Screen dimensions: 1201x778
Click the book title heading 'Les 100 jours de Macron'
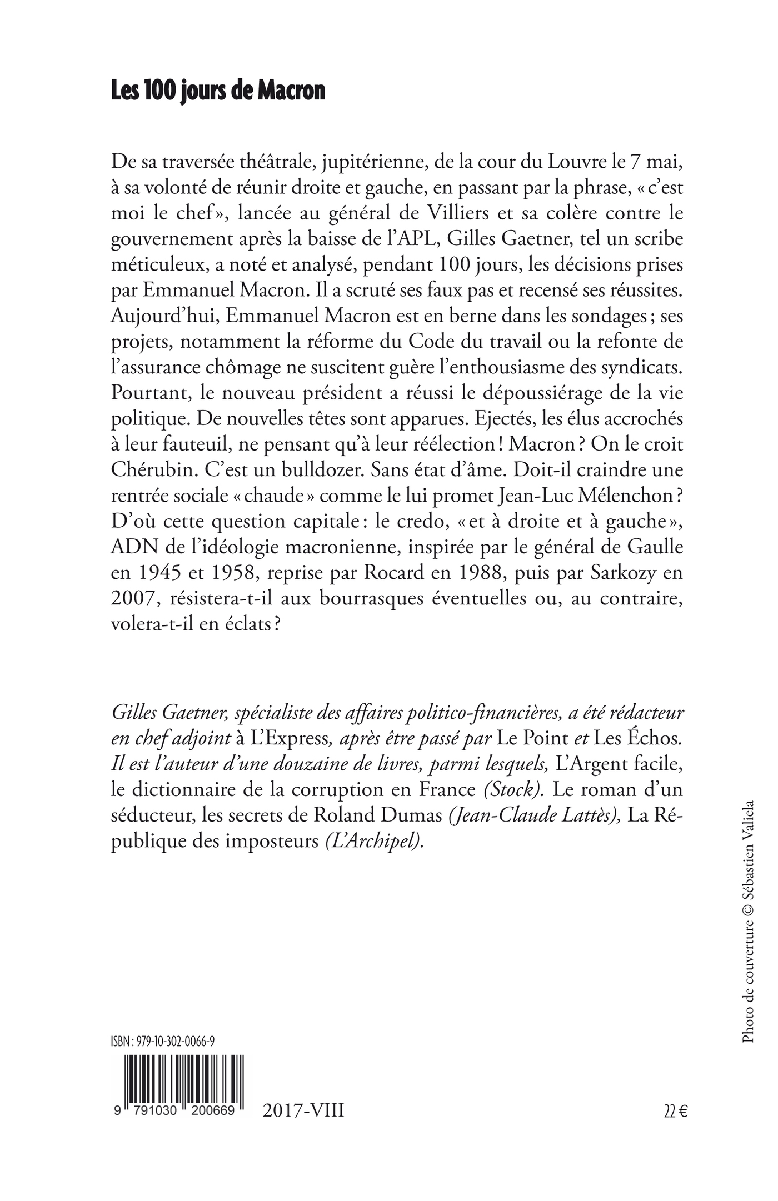[x=218, y=91]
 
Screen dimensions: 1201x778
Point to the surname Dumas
[x=410, y=815]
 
